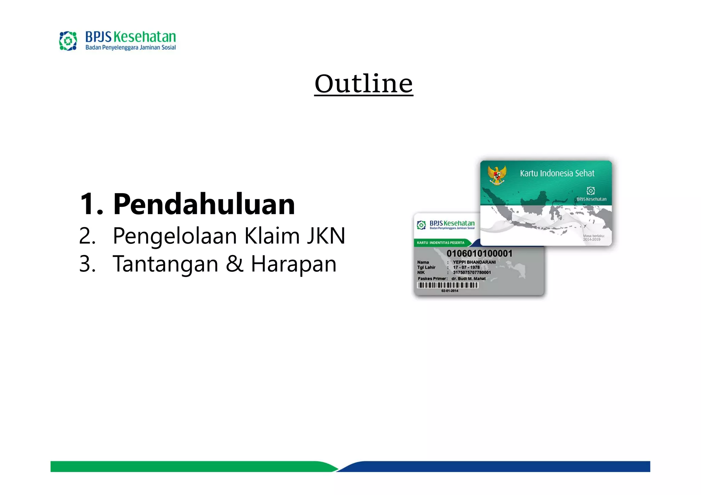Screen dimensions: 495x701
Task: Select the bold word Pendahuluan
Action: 204,204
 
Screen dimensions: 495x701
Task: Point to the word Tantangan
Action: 165,264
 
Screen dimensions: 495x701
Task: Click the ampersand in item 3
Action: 235,264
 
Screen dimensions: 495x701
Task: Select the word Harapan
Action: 294,264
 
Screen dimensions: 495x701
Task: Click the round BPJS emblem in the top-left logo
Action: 68,41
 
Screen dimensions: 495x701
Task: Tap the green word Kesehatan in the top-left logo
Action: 144,37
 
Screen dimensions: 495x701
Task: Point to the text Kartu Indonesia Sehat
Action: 557,173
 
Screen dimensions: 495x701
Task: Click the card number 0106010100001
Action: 479,253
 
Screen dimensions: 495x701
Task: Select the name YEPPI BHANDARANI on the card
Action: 474,262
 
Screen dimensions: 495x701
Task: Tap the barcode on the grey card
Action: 448,285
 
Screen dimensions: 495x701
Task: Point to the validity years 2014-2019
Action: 592,239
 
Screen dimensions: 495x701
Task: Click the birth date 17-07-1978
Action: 466,267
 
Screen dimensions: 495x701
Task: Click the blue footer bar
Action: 496,466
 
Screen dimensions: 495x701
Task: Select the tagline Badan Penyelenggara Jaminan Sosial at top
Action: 130,48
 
